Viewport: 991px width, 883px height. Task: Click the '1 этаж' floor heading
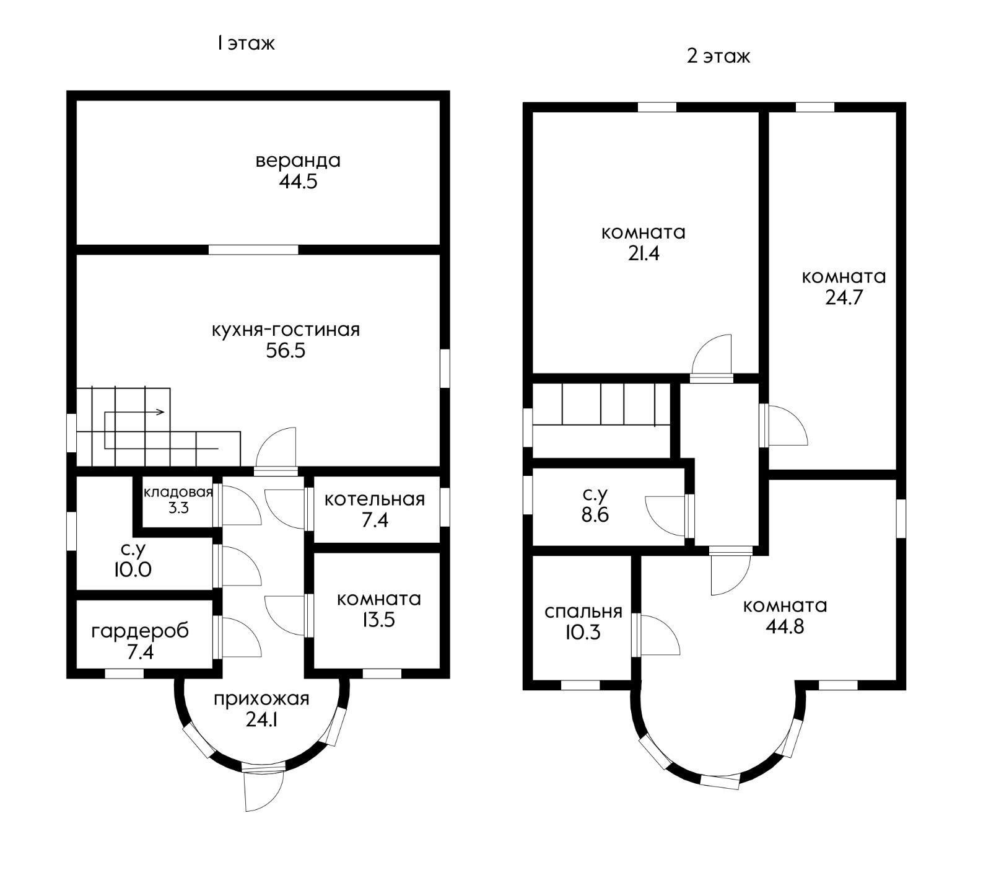point(245,43)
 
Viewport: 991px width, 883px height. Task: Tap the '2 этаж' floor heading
point(718,56)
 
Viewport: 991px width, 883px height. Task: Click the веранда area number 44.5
point(298,182)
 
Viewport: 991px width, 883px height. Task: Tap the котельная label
point(375,499)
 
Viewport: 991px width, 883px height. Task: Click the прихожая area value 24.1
point(261,721)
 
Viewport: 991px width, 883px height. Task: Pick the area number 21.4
point(644,253)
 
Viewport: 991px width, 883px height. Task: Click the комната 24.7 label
point(844,287)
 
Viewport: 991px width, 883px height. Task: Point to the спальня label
point(583,612)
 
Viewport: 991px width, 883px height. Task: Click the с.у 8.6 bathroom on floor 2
point(595,505)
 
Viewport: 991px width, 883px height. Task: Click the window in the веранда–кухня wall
point(253,250)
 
